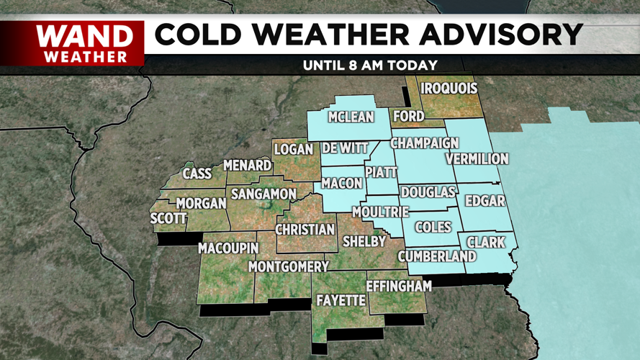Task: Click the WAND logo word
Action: click(x=85, y=35)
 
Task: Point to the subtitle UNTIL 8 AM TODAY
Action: click(x=370, y=65)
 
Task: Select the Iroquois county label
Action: click(x=449, y=89)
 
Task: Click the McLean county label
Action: click(x=351, y=117)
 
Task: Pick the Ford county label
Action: click(x=408, y=115)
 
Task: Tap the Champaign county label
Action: click(x=425, y=143)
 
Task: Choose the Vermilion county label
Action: click(x=477, y=158)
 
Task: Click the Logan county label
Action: click(x=293, y=149)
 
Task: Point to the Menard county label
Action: click(x=247, y=166)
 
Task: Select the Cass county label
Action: click(x=197, y=174)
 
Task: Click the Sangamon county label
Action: click(x=263, y=194)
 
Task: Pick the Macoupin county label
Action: click(x=228, y=248)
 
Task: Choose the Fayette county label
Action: click(x=341, y=300)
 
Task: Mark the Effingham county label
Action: click(x=399, y=286)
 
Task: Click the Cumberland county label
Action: click(x=437, y=256)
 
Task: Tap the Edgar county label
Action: click(x=484, y=201)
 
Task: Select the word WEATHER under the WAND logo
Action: click(x=85, y=55)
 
